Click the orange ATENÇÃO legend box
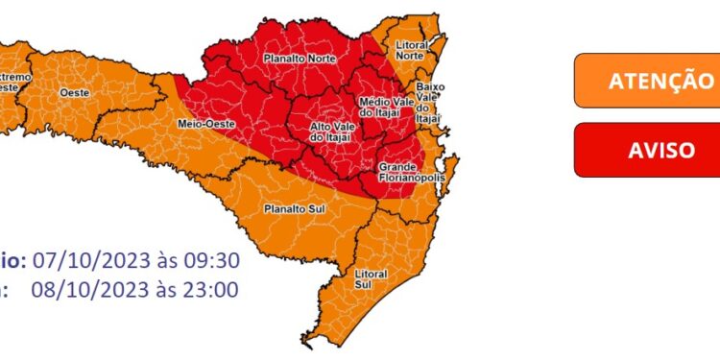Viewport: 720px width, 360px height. [645, 80]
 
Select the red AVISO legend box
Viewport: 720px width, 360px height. [645, 150]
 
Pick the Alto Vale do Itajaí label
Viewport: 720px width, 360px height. [332, 132]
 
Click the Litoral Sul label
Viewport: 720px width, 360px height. [371, 278]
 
